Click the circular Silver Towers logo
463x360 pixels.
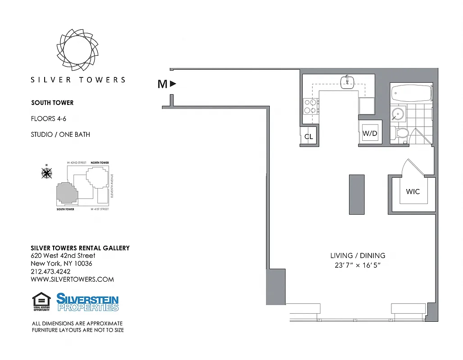[x=78, y=49]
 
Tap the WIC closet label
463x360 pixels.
[x=413, y=192]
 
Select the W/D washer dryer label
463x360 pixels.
[x=370, y=134]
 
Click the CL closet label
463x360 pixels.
[x=309, y=137]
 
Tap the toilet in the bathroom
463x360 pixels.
[x=400, y=133]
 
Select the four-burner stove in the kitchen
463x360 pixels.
[x=310, y=106]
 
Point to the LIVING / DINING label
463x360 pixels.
[x=358, y=256]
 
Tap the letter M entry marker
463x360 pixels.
[x=163, y=84]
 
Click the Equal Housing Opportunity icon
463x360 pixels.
[x=41, y=301]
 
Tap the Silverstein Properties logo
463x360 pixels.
[x=87, y=302]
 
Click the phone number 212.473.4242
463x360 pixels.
[x=50, y=271]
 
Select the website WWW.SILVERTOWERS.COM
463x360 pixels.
[x=72, y=279]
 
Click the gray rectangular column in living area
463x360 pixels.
[x=356, y=194]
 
